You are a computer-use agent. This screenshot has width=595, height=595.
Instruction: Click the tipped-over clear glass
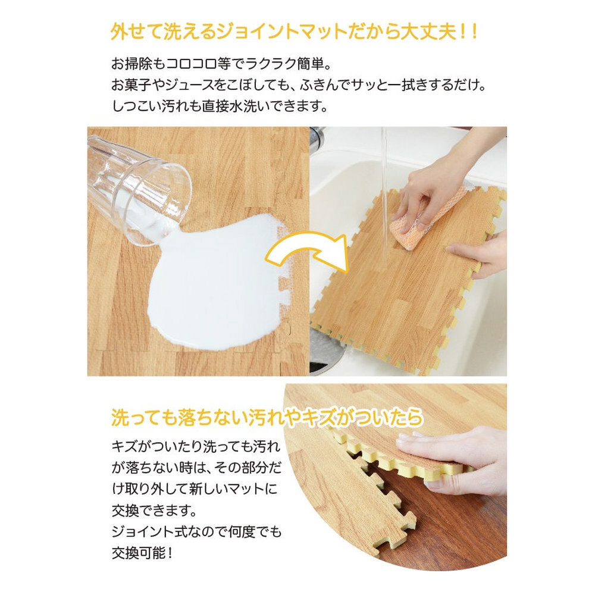(139, 190)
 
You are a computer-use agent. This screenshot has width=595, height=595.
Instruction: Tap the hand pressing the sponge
(448, 182)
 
